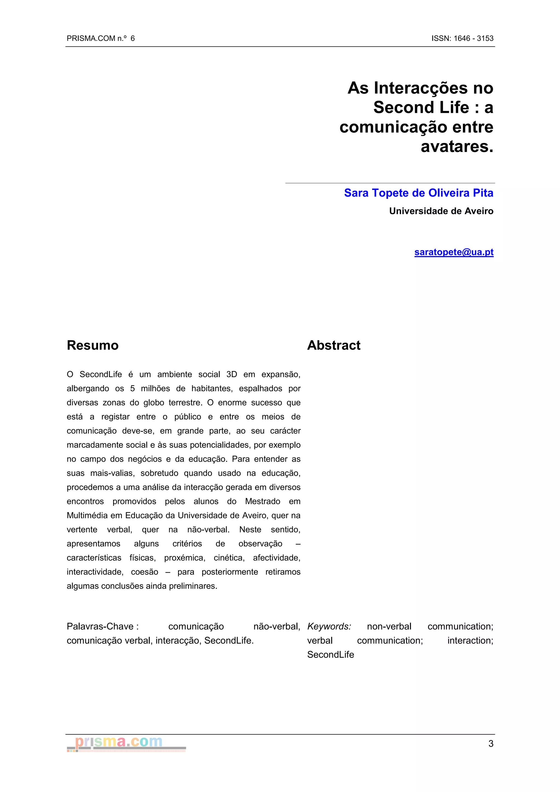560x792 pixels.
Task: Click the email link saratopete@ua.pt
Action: point(454,252)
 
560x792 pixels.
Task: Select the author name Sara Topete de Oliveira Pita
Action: point(419,193)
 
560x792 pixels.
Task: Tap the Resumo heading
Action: point(92,345)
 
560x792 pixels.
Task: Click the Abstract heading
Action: point(334,345)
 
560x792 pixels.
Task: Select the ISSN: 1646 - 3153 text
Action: point(462,38)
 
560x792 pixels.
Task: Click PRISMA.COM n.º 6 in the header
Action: point(101,38)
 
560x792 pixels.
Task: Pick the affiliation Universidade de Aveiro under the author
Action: point(441,211)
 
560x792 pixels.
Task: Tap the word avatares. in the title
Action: point(457,146)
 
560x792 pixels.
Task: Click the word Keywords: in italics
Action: point(329,626)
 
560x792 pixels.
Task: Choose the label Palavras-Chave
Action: point(100,626)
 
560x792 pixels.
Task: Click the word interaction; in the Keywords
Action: point(470,641)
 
